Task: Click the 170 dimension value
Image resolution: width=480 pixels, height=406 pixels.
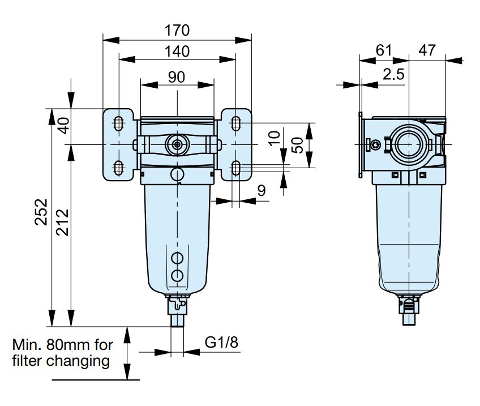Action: pyautogui.click(x=177, y=31)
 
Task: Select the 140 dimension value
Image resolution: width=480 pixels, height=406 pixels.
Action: pyautogui.click(x=177, y=52)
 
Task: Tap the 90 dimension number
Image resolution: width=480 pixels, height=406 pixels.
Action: pyautogui.click(x=177, y=77)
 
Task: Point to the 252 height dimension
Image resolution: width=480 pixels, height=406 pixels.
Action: pyautogui.click(x=41, y=212)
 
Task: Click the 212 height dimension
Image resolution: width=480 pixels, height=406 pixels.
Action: pyautogui.click(x=62, y=222)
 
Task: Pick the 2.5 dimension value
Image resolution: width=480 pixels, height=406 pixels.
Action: pyautogui.click(x=393, y=74)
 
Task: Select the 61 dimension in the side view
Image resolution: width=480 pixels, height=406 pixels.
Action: pyautogui.click(x=384, y=50)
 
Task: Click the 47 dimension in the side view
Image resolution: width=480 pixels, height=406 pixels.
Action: pyautogui.click(x=427, y=50)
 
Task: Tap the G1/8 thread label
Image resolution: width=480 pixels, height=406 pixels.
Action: pyautogui.click(x=221, y=342)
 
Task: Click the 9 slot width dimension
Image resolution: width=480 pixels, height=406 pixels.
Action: pyautogui.click(x=262, y=190)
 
